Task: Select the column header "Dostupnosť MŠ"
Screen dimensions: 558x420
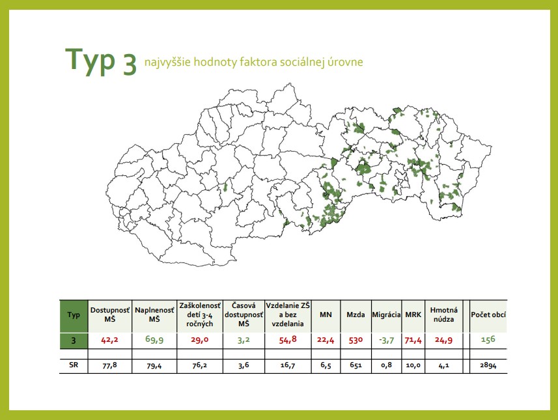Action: [110, 315]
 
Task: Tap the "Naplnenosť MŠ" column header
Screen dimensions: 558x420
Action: [154, 315]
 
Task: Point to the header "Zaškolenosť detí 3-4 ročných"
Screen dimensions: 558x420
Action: [200, 315]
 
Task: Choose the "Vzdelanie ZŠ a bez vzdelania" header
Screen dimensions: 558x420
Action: [288, 315]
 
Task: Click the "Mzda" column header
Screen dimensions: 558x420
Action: [356, 315]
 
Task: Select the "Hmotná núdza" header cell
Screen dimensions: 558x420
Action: [444, 315]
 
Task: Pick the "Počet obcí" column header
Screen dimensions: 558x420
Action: [488, 315]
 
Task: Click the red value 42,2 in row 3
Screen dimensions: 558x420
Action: [109, 340]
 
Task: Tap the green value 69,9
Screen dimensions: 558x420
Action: [154, 339]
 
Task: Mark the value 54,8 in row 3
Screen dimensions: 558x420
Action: [288, 340]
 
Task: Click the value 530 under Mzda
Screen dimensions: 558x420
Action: [356, 340]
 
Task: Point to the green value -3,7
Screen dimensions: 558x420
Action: [387, 341]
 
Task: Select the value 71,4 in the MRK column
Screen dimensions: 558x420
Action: [413, 341]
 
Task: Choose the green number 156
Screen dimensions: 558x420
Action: [488, 339]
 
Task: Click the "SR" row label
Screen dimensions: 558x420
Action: [74, 365]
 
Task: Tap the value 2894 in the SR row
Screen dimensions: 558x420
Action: [488, 365]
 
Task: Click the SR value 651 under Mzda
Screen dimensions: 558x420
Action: [356, 365]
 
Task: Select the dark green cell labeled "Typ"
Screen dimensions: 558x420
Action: [74, 315]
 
